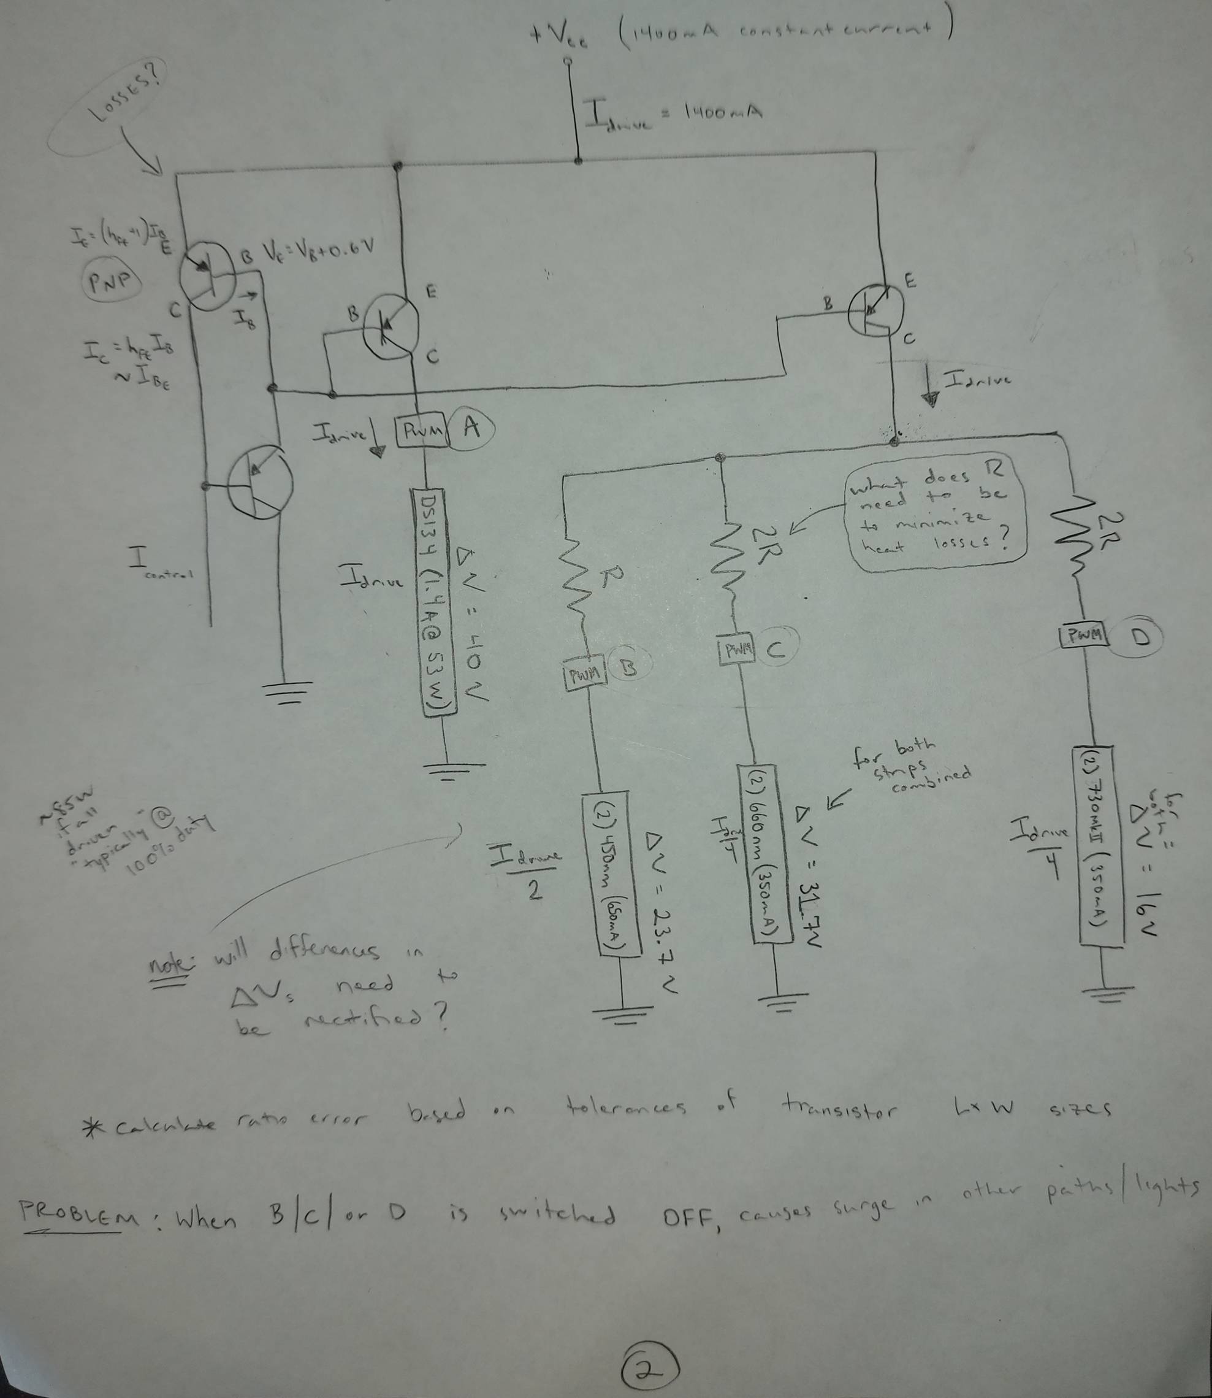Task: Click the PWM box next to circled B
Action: (584, 674)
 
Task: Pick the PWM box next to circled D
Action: (1083, 636)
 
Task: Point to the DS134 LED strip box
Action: (433, 602)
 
